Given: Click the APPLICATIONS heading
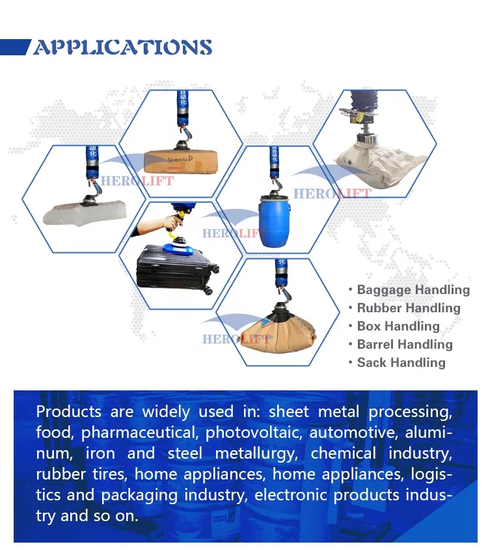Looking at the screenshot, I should click(x=122, y=47).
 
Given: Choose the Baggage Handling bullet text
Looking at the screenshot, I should click(x=413, y=290).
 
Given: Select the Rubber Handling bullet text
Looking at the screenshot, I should click(x=408, y=308).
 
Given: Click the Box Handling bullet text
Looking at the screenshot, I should click(x=398, y=327).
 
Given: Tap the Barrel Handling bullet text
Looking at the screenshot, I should click(x=404, y=345).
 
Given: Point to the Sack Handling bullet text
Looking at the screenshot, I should click(x=401, y=363).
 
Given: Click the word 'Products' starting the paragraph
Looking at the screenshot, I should click(x=68, y=412).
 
